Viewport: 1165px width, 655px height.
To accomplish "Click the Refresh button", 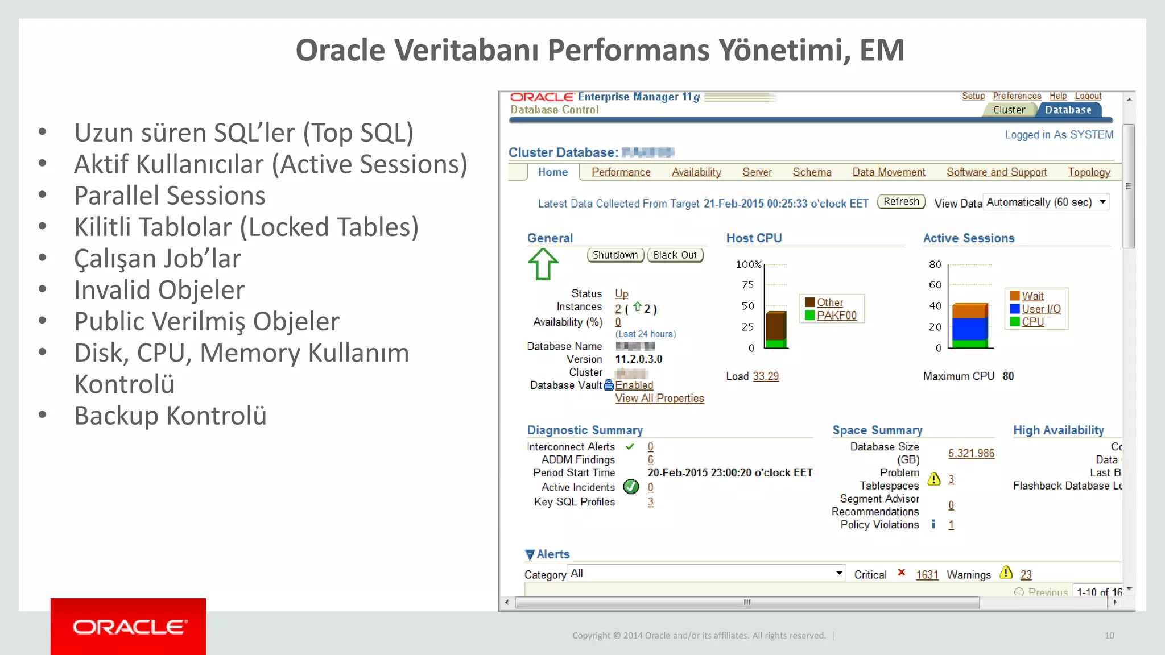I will click(901, 202).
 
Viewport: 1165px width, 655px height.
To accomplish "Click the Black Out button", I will click(675, 255).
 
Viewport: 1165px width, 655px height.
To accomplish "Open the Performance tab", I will click(621, 172).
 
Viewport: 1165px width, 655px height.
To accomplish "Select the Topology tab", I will click(1089, 172).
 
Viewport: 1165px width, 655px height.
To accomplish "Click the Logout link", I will click(1088, 96).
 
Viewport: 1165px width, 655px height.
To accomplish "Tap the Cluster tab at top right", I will click(1009, 110).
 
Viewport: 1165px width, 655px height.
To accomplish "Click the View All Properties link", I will click(659, 399).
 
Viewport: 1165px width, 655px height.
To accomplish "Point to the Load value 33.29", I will click(766, 376).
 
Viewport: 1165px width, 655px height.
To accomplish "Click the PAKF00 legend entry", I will click(836, 316).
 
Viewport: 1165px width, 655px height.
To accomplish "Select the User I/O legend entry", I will click(1041, 309).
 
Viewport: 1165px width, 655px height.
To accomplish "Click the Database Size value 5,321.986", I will click(971, 453).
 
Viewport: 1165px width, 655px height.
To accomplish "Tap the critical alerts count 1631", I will click(927, 575).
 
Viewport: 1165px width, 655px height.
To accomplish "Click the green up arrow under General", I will click(543, 264).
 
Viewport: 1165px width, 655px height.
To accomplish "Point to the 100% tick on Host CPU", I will click(748, 265).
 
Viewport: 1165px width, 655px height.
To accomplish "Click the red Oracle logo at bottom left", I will click(129, 627).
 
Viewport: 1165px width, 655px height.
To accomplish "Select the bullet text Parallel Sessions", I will click(170, 196).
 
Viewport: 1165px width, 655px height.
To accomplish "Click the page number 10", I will click(1109, 636).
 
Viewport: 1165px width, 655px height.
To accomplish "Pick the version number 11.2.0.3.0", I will click(639, 359).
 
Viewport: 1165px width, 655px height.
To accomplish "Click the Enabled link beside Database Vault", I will click(634, 385).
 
